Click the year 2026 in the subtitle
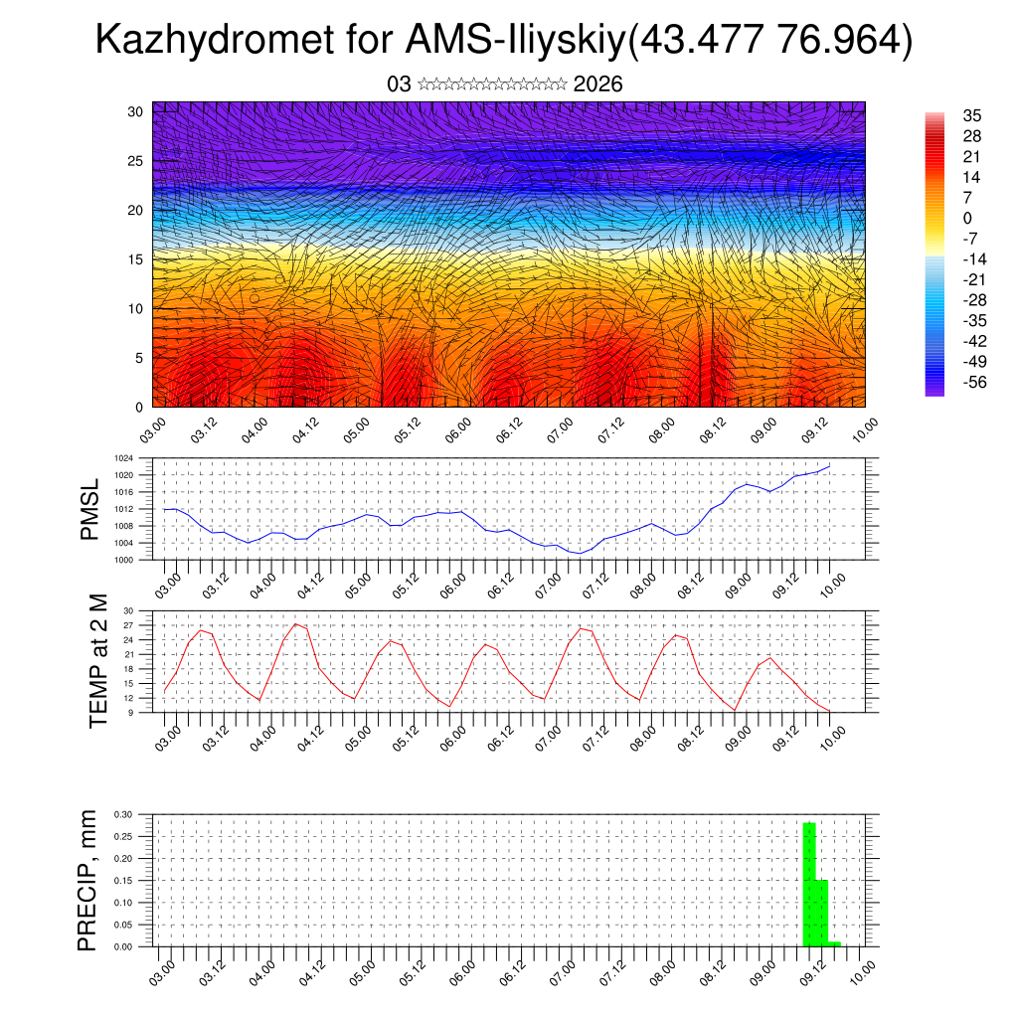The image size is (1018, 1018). tap(598, 85)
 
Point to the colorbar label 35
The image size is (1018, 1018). tap(972, 115)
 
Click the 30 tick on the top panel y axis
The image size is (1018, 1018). tap(137, 111)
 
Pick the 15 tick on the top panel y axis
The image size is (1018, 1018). tap(137, 259)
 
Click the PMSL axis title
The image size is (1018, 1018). tap(90, 509)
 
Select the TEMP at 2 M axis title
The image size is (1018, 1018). tap(98, 661)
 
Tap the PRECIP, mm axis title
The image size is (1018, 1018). tap(89, 880)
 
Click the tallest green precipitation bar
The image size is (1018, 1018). tap(809, 885)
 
